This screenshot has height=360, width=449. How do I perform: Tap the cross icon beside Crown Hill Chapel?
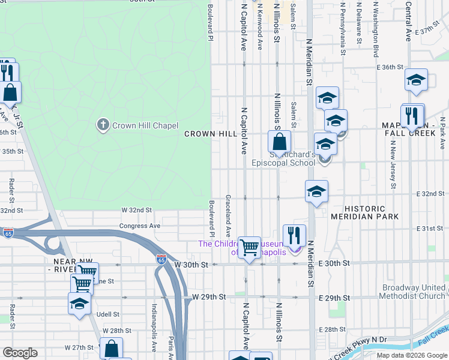103,125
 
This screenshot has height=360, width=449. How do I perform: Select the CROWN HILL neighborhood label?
210,134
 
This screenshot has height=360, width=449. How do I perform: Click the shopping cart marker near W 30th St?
249,247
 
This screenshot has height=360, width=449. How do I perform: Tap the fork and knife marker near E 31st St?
294,235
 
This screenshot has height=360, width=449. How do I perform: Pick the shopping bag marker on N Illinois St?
279,143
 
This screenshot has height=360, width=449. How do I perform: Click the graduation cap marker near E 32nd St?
316,191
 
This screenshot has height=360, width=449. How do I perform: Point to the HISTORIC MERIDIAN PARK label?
357,212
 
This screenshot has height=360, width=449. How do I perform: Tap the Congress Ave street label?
140,226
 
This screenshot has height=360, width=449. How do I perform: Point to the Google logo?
20,353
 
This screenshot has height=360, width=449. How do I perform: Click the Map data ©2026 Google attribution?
412,355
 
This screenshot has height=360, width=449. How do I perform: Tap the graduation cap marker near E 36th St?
416,81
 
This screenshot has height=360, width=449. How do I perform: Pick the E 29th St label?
334,298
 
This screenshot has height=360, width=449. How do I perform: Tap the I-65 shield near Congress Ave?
8,232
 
